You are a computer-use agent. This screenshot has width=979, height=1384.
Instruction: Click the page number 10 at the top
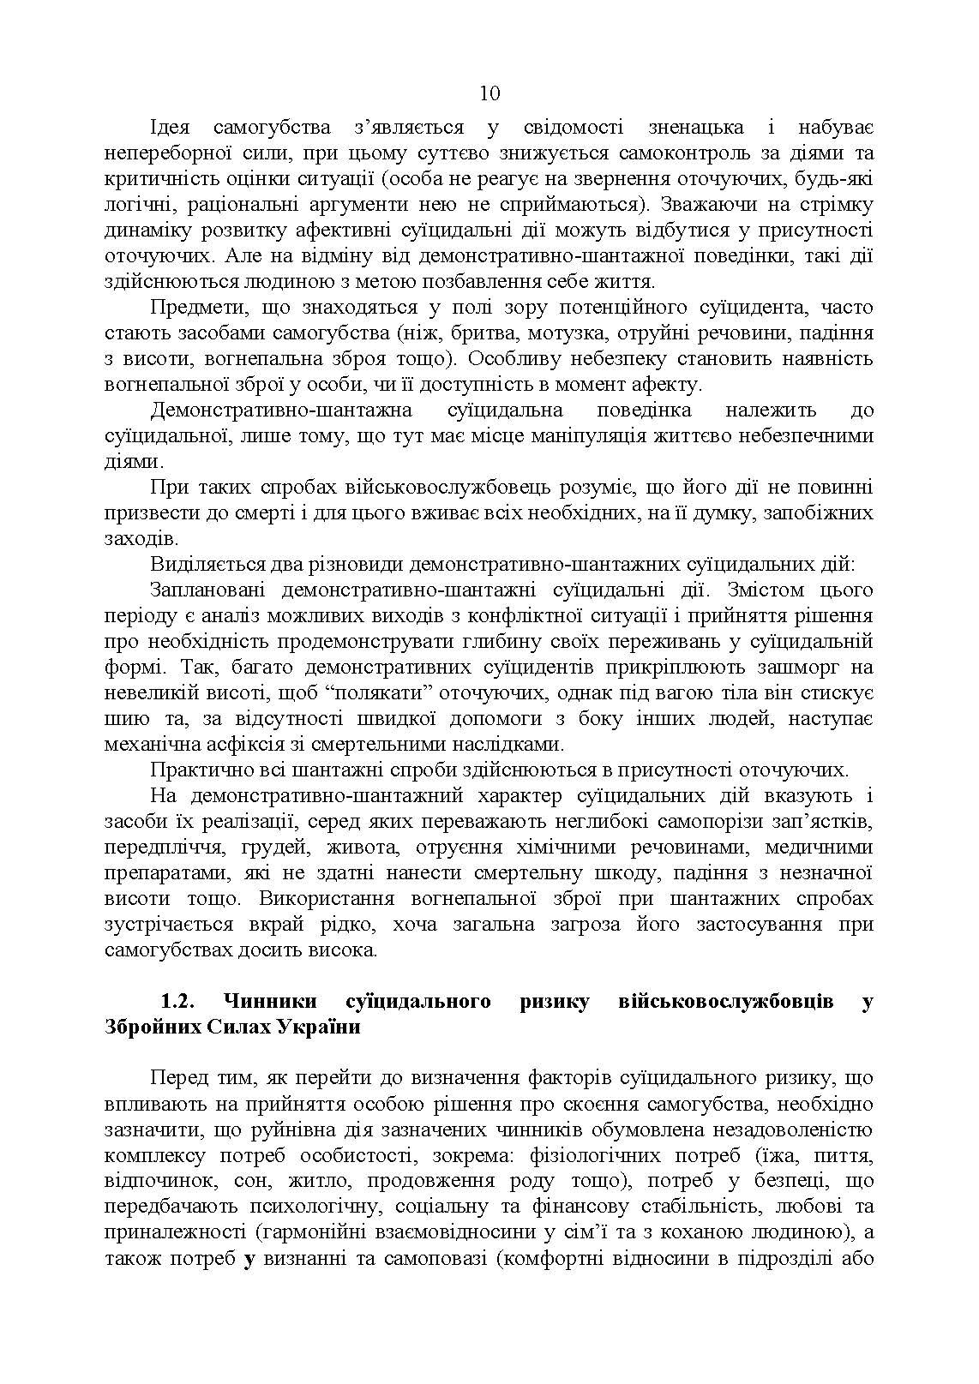[x=489, y=93]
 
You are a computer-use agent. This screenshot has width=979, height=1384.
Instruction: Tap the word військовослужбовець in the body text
[x=427, y=488]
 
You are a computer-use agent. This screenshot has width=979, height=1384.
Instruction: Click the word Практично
[x=197, y=770]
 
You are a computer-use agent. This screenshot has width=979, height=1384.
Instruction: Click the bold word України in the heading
[x=319, y=1028]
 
